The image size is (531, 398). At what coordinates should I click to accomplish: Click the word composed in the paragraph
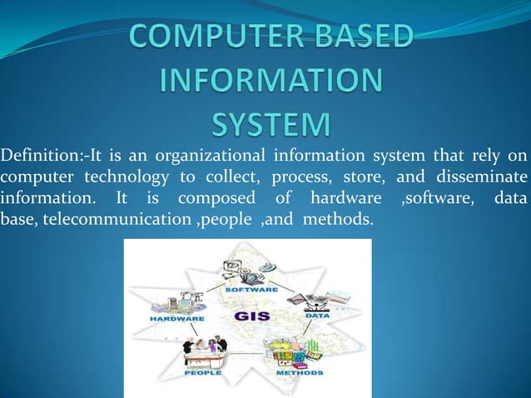[222, 199]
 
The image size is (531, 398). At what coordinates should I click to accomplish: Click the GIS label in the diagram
[252, 317]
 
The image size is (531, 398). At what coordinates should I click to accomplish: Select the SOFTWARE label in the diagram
[255, 289]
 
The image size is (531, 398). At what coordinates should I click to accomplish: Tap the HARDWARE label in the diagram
[178, 319]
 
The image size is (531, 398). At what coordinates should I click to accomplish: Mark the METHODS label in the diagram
[295, 374]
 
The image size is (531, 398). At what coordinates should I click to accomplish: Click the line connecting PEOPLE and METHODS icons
[248, 357]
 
